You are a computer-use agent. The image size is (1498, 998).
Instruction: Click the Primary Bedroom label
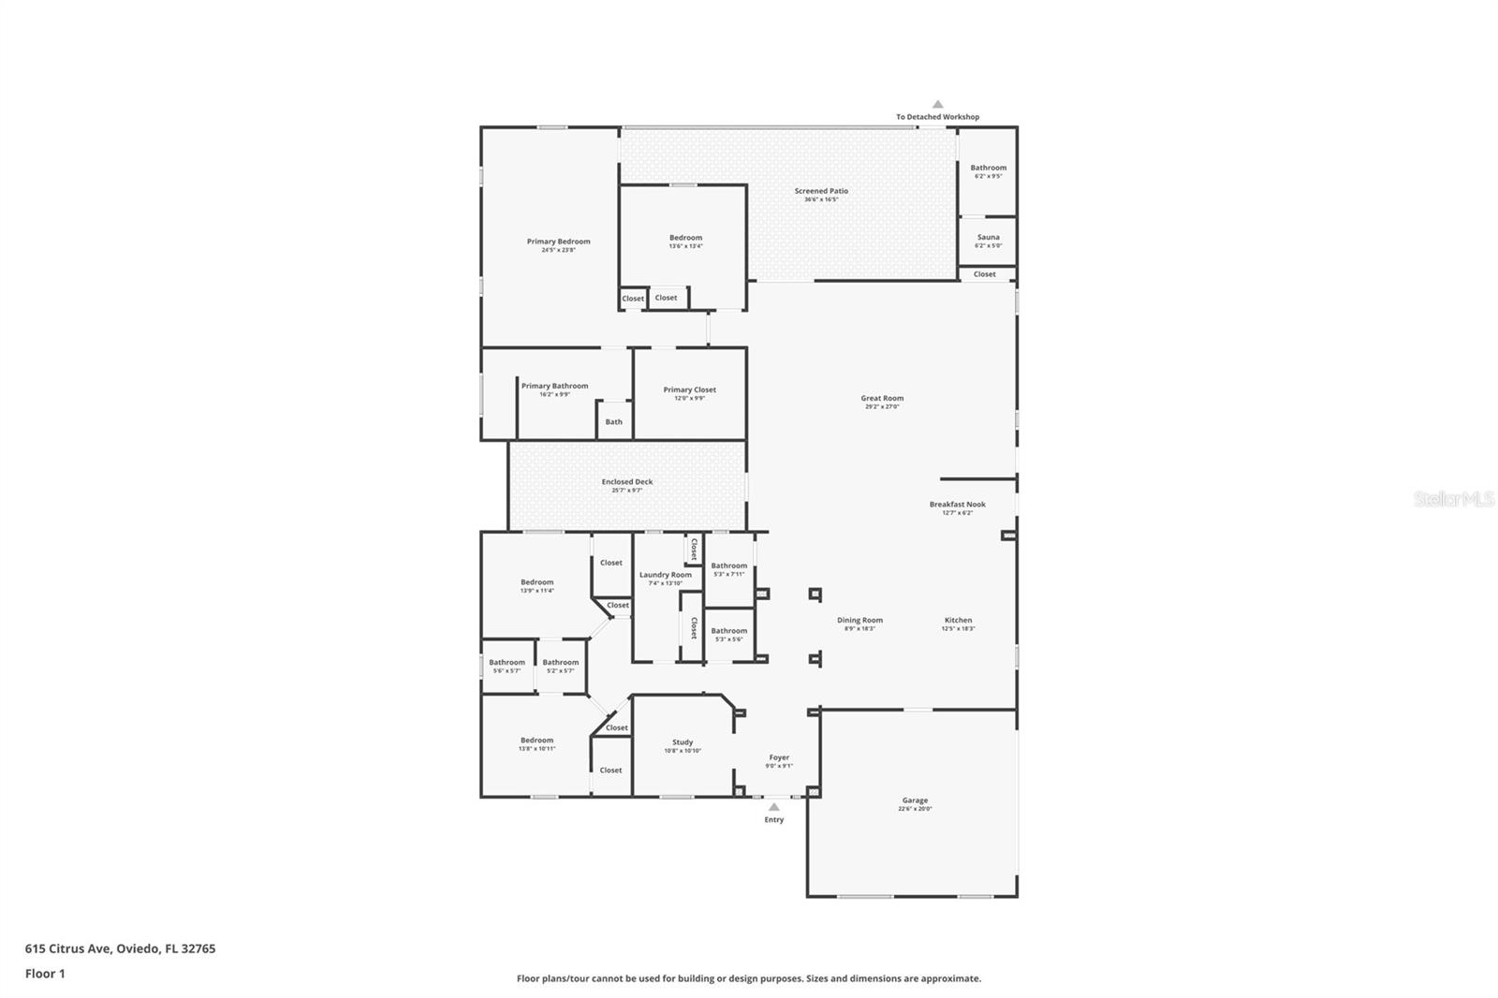point(558,242)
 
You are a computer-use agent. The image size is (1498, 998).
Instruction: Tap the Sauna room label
point(988,238)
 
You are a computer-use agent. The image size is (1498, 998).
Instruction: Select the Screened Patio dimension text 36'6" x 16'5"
point(821,199)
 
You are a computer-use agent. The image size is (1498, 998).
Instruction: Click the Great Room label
point(882,399)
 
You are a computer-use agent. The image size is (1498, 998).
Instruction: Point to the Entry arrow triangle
point(773,806)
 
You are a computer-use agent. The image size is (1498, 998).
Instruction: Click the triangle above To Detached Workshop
point(937,105)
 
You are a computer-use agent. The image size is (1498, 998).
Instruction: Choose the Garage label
point(915,800)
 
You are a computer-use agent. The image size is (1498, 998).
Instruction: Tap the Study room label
point(683,742)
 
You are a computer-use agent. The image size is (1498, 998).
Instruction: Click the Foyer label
point(779,757)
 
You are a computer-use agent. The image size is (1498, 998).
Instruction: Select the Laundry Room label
point(666,575)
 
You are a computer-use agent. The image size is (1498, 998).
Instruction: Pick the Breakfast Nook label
point(957,505)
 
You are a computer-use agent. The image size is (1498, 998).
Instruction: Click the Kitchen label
point(958,620)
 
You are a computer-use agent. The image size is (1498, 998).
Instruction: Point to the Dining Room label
point(859,620)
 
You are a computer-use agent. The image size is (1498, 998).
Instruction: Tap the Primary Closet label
point(689,389)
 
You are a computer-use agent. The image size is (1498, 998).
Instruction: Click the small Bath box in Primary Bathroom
point(613,421)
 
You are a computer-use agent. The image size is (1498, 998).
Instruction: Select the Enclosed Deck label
point(627,482)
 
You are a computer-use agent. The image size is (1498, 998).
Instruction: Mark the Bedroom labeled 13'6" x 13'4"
point(685,238)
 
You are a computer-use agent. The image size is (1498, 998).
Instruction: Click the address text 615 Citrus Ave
point(120,948)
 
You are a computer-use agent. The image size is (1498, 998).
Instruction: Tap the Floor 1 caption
point(45,974)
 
